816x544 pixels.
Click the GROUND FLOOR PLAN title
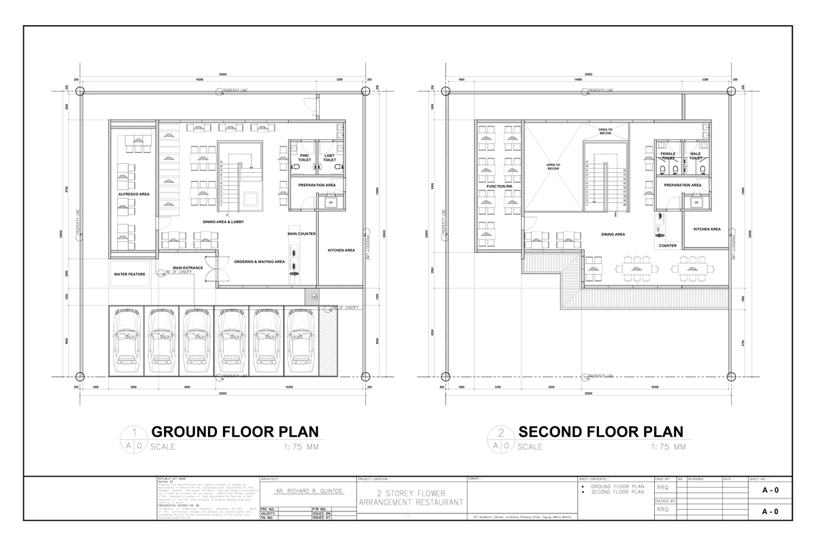(x=234, y=432)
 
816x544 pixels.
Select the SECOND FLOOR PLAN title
(x=600, y=432)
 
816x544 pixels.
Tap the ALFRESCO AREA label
(x=134, y=194)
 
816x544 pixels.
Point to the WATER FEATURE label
(x=130, y=274)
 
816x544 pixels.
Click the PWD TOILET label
(x=305, y=157)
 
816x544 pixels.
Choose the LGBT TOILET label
(x=330, y=157)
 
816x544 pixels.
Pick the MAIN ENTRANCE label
(x=188, y=267)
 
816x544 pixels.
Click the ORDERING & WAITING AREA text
(x=259, y=261)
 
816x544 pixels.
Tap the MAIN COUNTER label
(x=301, y=233)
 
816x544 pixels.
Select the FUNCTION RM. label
(x=500, y=186)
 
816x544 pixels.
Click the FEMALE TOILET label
(x=668, y=156)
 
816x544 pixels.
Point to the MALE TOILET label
(x=696, y=156)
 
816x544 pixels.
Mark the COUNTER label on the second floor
(x=667, y=245)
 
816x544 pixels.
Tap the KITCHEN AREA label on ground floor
(x=341, y=250)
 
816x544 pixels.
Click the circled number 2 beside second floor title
(x=501, y=432)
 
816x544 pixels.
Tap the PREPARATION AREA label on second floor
(x=683, y=184)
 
